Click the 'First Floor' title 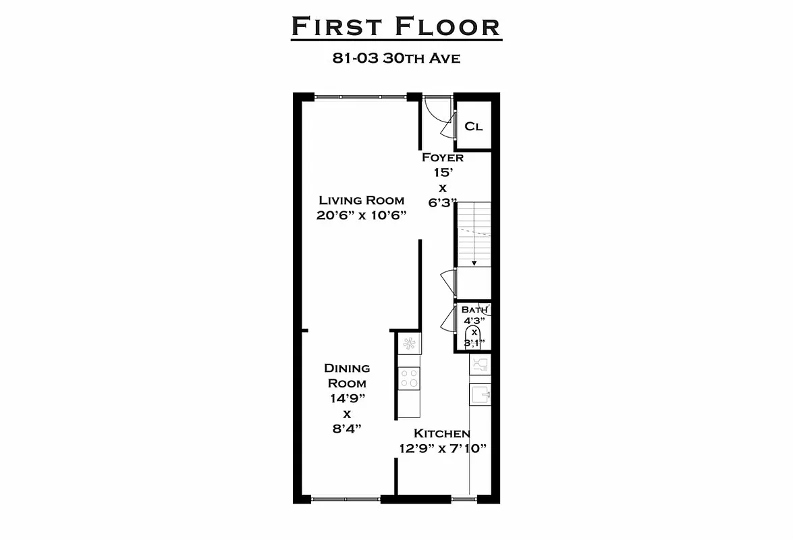396,27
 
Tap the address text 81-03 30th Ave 396,58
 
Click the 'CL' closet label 474,126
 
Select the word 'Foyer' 443,157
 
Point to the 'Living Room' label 362,200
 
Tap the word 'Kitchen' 442,433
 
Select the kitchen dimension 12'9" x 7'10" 442,448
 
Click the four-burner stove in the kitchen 409,378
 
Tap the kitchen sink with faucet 481,394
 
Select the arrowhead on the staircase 474,263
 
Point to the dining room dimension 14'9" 347,398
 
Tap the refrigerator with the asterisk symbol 408,344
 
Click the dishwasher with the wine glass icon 480,364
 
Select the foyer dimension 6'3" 443,202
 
